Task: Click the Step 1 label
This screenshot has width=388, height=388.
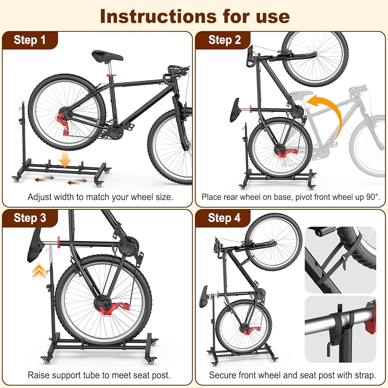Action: [30, 40]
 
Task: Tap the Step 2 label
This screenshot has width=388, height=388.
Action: [224, 40]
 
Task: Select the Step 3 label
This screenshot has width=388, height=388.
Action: [30, 218]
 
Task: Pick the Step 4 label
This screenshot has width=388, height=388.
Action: [224, 218]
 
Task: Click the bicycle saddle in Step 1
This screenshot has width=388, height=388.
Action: [107, 56]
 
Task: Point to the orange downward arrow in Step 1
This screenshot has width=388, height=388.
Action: [65, 159]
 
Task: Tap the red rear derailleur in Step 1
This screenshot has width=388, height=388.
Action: [63, 124]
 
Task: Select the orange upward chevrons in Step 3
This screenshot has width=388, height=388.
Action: [39, 272]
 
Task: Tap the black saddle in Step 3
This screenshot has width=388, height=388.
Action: [35, 245]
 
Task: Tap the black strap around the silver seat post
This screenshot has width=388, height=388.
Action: [338, 327]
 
